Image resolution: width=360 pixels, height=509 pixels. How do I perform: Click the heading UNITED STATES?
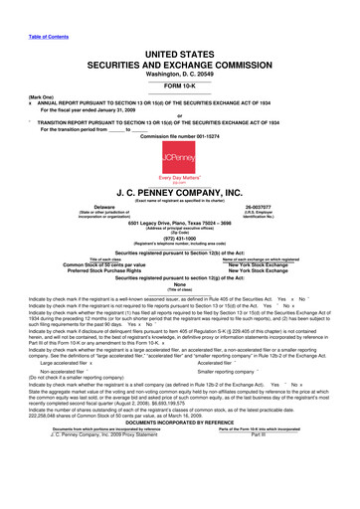[x=179, y=34]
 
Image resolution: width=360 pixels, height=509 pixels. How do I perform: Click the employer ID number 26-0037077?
[x=273, y=210]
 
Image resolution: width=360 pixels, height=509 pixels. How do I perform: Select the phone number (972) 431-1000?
[x=180, y=241]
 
